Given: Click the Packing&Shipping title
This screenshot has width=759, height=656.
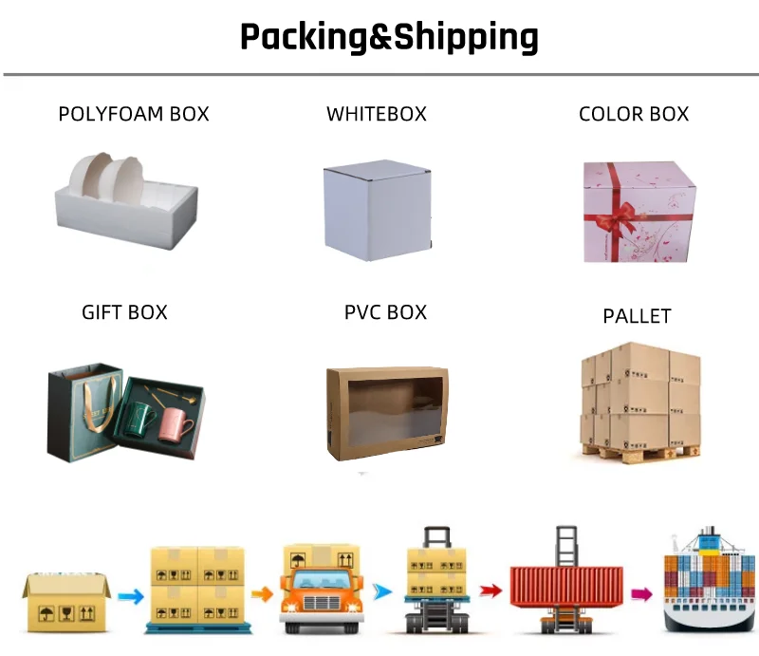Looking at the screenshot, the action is point(389,37).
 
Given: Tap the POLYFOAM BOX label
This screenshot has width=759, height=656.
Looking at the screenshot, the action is point(134,114).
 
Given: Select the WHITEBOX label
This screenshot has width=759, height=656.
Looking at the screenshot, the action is point(377,114).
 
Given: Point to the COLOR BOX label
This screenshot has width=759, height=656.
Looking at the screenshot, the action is point(634,114).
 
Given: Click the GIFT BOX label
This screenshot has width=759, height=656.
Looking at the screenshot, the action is point(124,312).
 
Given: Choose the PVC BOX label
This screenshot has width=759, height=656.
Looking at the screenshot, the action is point(385,312).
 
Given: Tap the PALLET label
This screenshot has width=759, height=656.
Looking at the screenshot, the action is point(637,316).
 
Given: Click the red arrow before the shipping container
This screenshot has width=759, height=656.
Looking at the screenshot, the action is point(490,590).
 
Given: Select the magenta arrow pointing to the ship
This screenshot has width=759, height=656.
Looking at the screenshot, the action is point(642,593).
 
